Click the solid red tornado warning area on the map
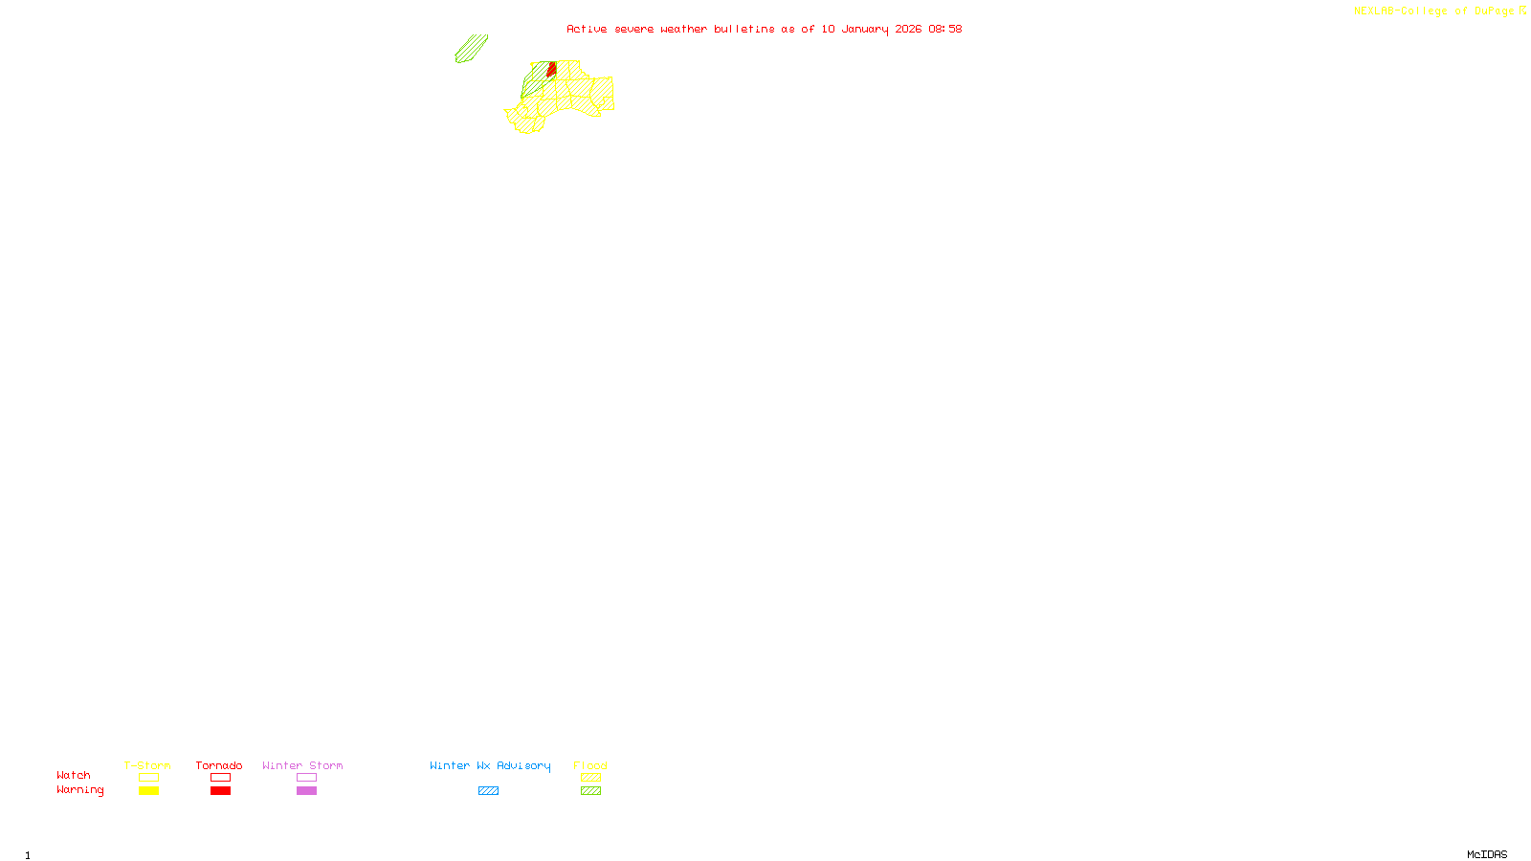coord(552,69)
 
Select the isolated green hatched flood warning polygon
coord(471,49)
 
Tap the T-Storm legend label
coord(147,765)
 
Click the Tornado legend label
coord(219,765)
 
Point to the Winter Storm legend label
coord(302,765)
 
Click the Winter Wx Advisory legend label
coord(490,765)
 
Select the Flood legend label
coord(590,765)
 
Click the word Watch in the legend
coord(74,775)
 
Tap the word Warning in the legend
coord(80,790)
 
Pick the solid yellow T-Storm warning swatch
coord(148,791)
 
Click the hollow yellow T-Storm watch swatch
coord(148,778)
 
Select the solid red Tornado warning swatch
coord(220,791)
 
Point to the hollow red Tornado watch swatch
coord(220,778)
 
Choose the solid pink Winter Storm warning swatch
coord(306,791)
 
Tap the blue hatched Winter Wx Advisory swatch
coord(488,791)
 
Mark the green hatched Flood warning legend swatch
coord(590,791)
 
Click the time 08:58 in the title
coord(944,29)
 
